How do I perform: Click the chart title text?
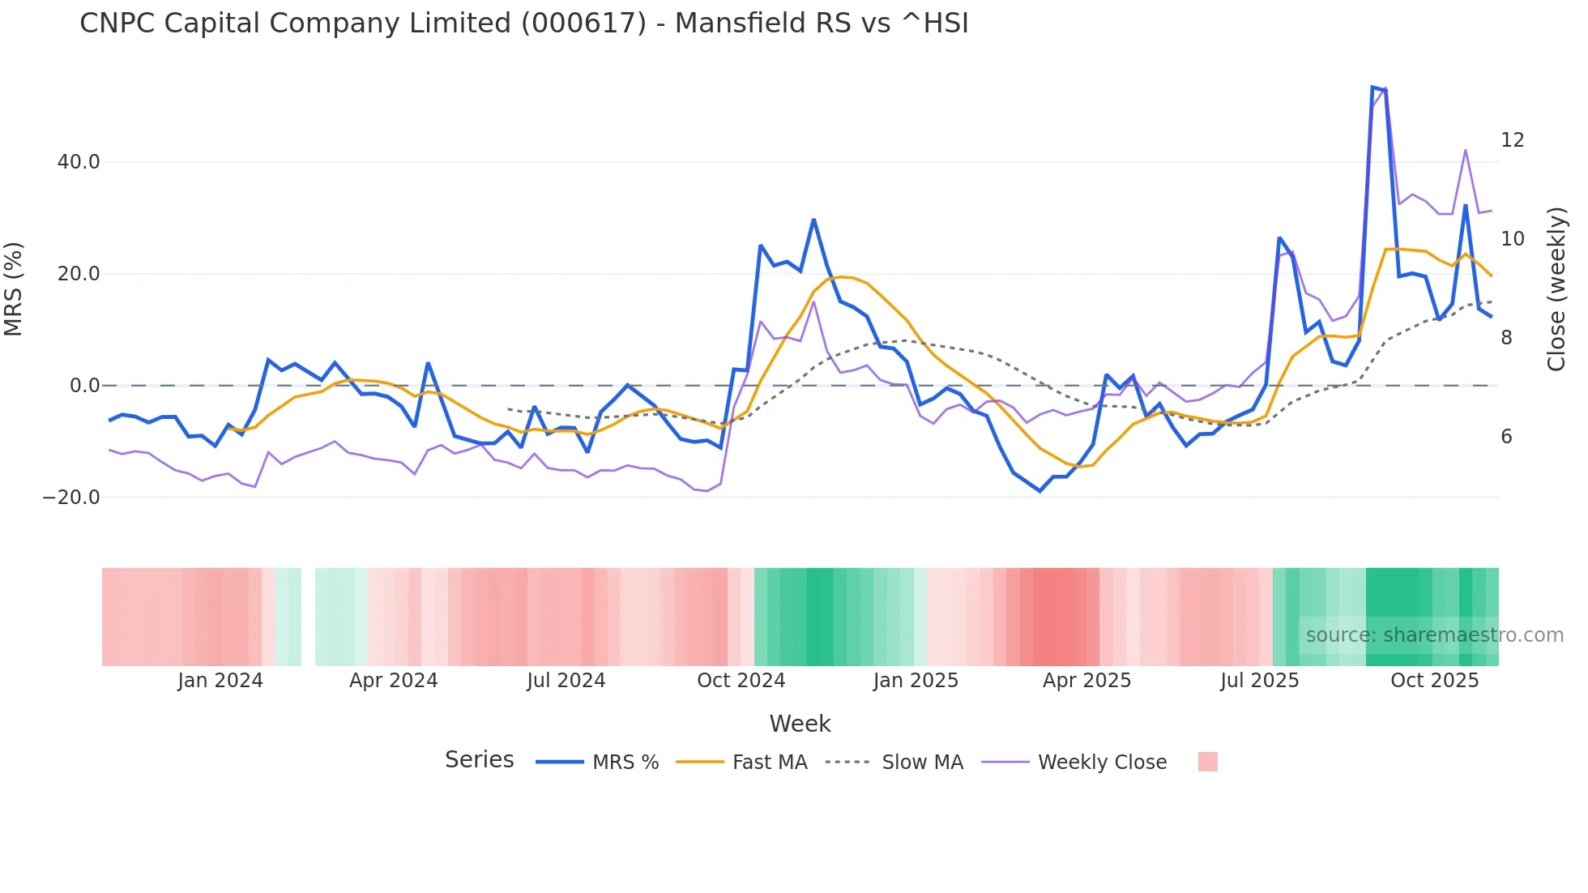click(523, 23)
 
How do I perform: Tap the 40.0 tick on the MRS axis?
click(79, 162)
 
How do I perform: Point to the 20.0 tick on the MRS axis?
click(79, 274)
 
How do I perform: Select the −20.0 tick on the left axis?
click(71, 498)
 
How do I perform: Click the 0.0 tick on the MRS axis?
click(85, 386)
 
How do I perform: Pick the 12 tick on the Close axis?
click(1512, 140)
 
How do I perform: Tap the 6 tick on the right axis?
click(1506, 437)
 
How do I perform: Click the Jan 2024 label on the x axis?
click(220, 681)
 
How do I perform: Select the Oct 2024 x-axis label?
click(741, 681)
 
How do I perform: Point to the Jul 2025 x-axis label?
click(1259, 681)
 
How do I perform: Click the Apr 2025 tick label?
click(1086, 681)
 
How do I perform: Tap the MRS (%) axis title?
click(14, 288)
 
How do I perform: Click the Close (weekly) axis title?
click(1556, 289)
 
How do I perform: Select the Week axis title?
click(800, 724)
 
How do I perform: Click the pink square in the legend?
click(1207, 762)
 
